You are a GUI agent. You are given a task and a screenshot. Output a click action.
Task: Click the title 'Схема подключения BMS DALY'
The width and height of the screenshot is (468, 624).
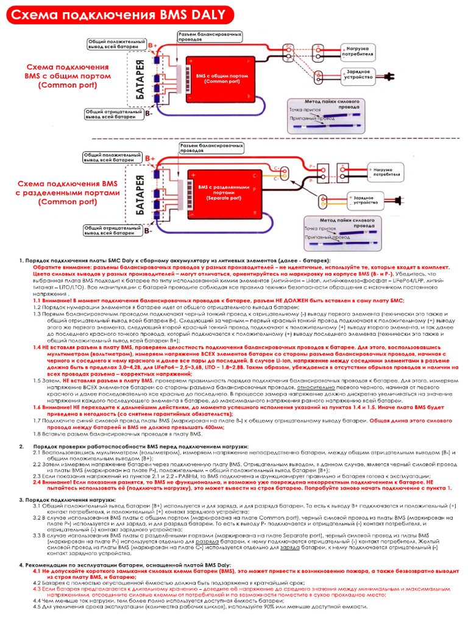[x=116, y=15]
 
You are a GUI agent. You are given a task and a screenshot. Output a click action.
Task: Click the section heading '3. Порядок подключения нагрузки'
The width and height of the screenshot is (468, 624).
[x=66, y=500]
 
